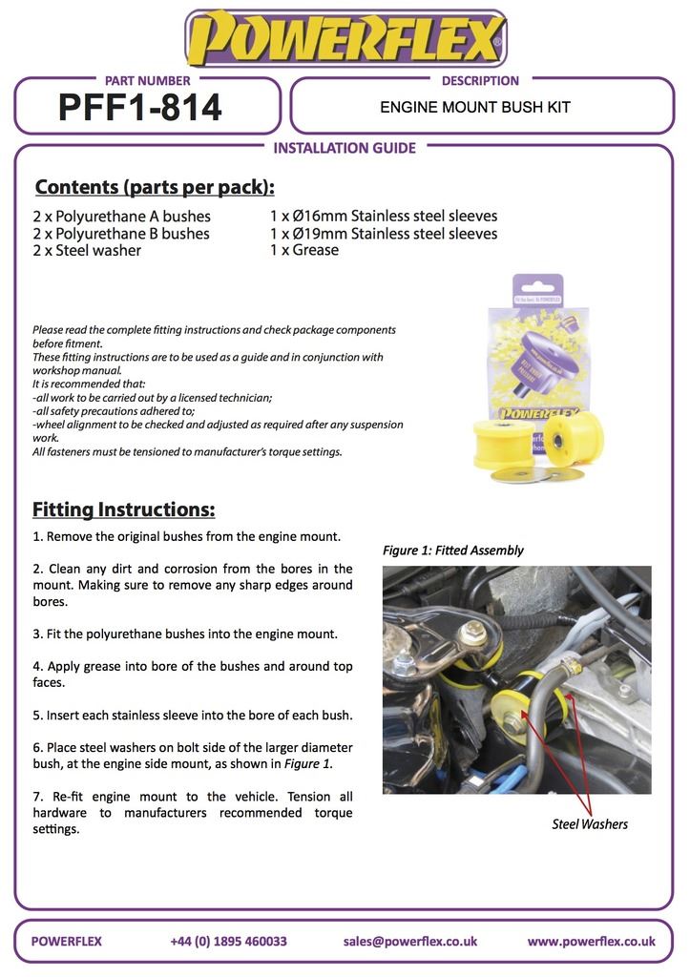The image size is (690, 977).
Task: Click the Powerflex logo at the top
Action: click(345, 38)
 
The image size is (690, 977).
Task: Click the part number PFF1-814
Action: click(140, 108)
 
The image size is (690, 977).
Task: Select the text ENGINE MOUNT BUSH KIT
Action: click(475, 107)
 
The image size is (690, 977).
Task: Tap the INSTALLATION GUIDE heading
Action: click(345, 148)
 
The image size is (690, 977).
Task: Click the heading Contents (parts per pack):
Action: click(155, 186)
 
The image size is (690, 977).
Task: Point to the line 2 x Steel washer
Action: click(87, 251)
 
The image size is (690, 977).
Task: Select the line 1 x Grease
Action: click(304, 250)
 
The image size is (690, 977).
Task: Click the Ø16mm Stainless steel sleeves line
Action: click(384, 216)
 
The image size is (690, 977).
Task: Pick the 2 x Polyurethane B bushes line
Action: click(121, 234)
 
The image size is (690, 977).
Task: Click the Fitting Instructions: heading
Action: click(124, 509)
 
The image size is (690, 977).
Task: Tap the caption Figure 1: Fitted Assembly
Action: click(453, 551)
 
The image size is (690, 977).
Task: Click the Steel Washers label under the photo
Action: click(590, 824)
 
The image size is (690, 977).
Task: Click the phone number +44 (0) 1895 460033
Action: click(228, 941)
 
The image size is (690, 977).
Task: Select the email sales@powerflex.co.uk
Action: click(410, 941)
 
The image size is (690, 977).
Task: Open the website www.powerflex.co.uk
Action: click(591, 941)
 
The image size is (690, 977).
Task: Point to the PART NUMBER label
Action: click(146, 81)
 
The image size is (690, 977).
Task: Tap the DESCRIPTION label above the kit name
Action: click(480, 81)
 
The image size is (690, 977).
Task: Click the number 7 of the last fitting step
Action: click(36, 796)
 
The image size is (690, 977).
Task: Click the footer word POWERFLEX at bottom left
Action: click(67, 941)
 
